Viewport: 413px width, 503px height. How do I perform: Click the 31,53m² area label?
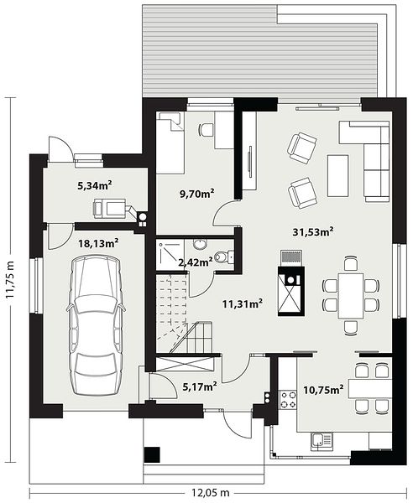(x=312, y=231)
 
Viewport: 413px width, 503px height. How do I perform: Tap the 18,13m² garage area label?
(x=98, y=243)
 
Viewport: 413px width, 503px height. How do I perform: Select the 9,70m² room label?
(x=197, y=194)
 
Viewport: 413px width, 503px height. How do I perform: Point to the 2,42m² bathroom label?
(x=196, y=262)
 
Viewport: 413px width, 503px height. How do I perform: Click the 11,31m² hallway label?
(x=243, y=303)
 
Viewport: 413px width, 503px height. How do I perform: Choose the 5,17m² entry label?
(x=200, y=386)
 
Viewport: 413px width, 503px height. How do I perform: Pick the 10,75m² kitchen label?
(x=324, y=390)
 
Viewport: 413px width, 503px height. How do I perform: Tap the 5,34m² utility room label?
(x=95, y=185)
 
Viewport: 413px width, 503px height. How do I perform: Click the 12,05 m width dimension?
(x=211, y=492)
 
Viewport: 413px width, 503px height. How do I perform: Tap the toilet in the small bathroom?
(x=224, y=257)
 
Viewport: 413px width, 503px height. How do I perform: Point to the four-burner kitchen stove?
(x=288, y=400)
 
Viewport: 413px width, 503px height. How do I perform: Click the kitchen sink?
(x=322, y=441)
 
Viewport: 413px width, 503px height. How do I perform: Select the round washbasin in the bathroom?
(x=201, y=244)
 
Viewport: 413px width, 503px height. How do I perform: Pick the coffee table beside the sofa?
(x=337, y=176)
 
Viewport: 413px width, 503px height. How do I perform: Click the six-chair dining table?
(x=351, y=296)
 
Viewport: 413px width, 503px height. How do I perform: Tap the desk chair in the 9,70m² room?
(x=206, y=129)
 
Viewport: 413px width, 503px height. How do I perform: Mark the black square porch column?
(x=152, y=454)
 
